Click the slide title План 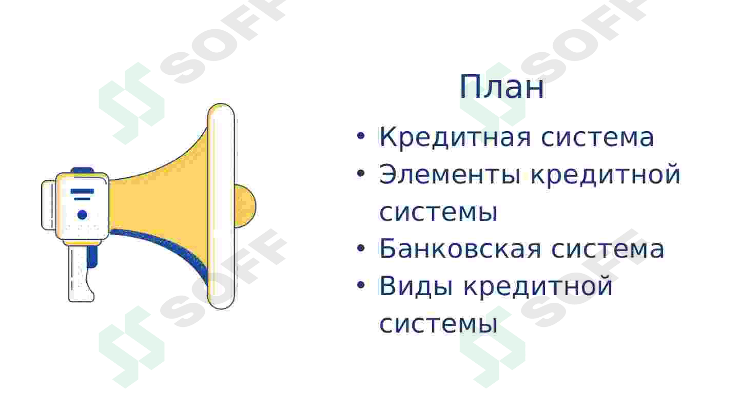[x=501, y=88]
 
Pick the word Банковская [x=460, y=250]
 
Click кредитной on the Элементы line [x=605, y=175]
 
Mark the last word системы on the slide [x=438, y=324]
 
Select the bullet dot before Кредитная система [x=361, y=137]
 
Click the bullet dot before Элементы [x=361, y=174]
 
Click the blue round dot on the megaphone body [x=82, y=215]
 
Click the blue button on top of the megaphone [x=82, y=171]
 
